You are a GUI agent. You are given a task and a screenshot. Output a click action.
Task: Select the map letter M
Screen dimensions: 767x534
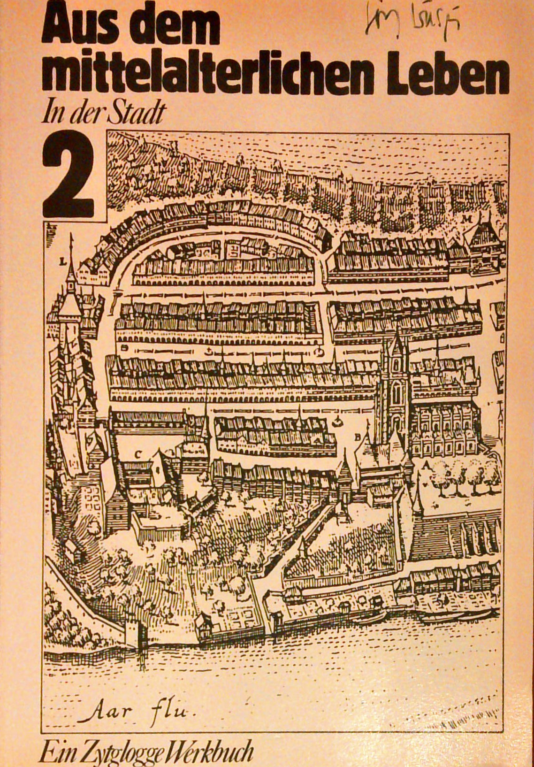(x=466, y=219)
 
